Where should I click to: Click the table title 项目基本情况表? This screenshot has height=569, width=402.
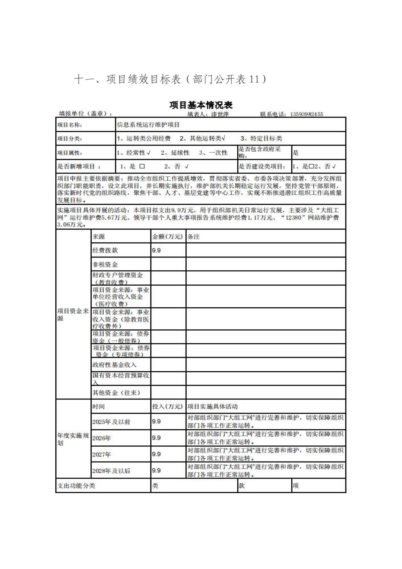tap(201, 105)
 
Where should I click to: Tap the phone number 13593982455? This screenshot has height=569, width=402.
tap(307, 114)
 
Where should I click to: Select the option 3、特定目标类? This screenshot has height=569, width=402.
tap(261, 139)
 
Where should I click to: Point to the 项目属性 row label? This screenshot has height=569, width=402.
tap(70, 153)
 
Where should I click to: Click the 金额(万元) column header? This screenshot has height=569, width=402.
tap(167, 237)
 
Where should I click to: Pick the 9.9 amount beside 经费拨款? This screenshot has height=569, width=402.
tap(156, 250)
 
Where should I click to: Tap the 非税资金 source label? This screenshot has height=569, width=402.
tap(105, 264)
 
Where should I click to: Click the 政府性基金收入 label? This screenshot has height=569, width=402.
tap(115, 365)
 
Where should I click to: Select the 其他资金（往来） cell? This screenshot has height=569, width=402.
tap(116, 393)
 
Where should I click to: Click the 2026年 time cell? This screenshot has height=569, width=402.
tap(102, 438)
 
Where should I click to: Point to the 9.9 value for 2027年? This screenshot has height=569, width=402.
tap(156, 454)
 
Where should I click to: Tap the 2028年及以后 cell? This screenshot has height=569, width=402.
tap(111, 471)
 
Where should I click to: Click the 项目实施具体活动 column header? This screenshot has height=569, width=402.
tap(212, 407)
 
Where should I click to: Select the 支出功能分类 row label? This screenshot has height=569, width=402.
tap(76, 486)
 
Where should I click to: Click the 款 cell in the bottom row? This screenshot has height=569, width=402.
tap(242, 486)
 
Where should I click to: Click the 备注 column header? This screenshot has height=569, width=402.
tap(194, 237)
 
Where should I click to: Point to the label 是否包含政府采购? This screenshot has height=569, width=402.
tap(260, 152)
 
